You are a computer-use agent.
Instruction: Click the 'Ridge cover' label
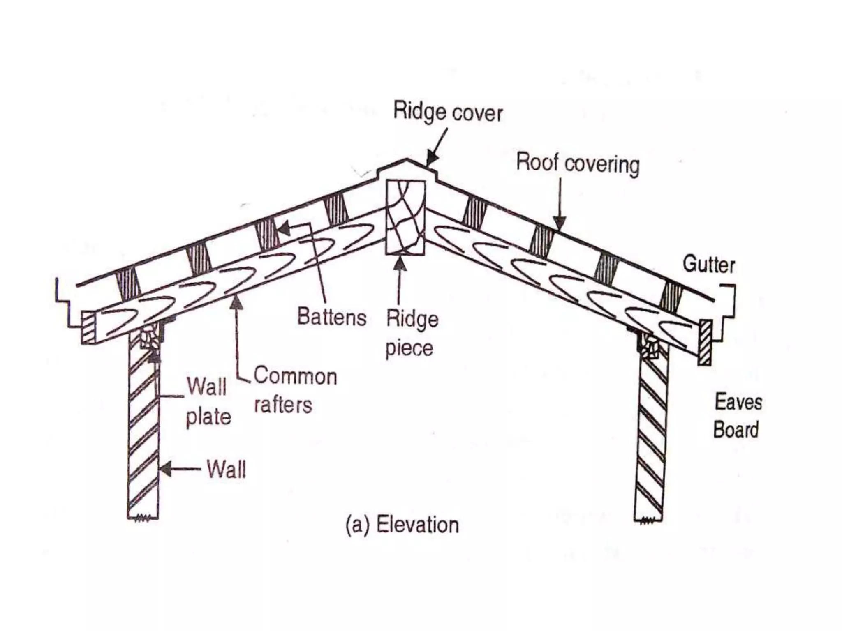[x=448, y=112]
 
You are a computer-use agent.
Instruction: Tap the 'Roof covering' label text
[x=578, y=164]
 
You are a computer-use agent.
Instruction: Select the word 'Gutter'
[x=709, y=264]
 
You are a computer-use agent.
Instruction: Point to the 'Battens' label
[x=332, y=317]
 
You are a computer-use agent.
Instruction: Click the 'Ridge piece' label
[x=412, y=333]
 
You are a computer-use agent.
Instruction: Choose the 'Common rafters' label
[x=295, y=390]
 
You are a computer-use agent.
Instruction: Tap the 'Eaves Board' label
[x=738, y=416]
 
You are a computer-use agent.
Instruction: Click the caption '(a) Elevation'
[x=402, y=525]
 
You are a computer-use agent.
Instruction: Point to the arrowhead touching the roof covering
[x=559, y=223]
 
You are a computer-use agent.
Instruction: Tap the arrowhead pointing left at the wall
[x=165, y=469]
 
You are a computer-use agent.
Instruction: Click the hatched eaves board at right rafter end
[x=705, y=342]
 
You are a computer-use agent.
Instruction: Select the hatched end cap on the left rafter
[x=88, y=327]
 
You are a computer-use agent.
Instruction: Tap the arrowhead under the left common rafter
[x=236, y=302]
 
